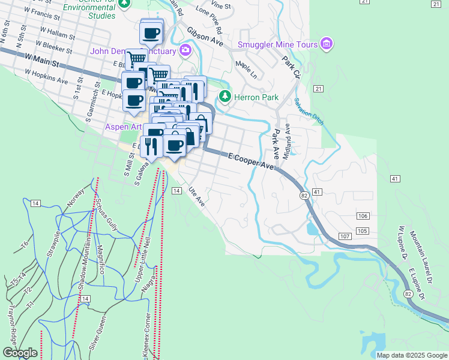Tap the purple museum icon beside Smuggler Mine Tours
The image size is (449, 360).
pyautogui.click(x=327, y=43)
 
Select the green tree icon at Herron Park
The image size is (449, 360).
pyautogui.click(x=225, y=96)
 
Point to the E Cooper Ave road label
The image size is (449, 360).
pyautogui.click(x=251, y=162)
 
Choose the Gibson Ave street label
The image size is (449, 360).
pyautogui.click(x=205, y=37)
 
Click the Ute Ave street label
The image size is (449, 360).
pyautogui.click(x=197, y=196)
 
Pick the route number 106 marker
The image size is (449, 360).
pyautogui.click(x=362, y=216)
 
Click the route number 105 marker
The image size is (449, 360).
pyautogui.click(x=361, y=231)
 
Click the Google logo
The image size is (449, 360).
pyautogui.click(x=20, y=353)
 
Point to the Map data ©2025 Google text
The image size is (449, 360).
pyautogui.click(x=411, y=355)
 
